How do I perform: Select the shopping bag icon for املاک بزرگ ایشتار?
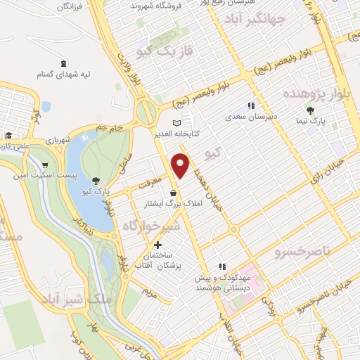point(173,193)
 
